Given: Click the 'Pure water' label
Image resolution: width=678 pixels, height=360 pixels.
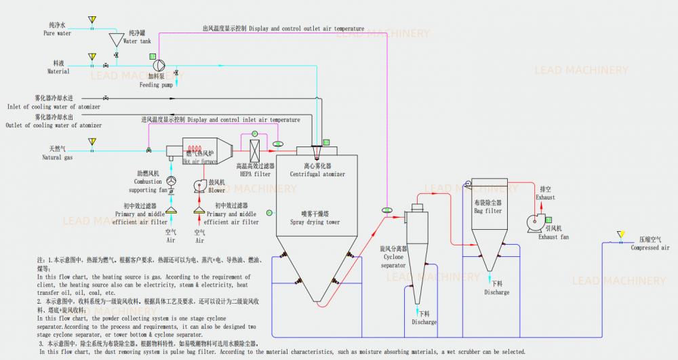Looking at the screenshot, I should pos(58,33).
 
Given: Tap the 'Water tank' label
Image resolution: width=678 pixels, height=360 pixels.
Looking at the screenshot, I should pos(138,41).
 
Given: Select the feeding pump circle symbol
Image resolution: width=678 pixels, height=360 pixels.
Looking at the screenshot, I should pos(160,65).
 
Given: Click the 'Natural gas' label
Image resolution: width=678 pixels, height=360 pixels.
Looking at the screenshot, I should pos(58,157).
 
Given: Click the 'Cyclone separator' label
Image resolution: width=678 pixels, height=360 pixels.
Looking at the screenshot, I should pos(394,261).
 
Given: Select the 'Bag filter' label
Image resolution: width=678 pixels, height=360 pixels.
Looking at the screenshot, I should pos(487,211).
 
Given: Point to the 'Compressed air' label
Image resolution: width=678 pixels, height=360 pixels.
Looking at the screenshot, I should pos(650,248).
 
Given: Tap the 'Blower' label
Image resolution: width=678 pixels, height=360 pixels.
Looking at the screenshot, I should pos(217,191).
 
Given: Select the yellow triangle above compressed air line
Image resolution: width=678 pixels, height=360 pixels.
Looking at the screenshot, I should pos(620,235).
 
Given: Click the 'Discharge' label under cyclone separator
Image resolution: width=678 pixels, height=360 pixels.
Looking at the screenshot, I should pos(424,322).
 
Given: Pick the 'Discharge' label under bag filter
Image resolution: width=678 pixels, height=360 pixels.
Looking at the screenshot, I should pos(497,292).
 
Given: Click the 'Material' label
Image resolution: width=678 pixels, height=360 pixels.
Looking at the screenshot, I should pos(58,71).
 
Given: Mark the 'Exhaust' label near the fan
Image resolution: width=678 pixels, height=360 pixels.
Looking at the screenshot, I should pos(545,197).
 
